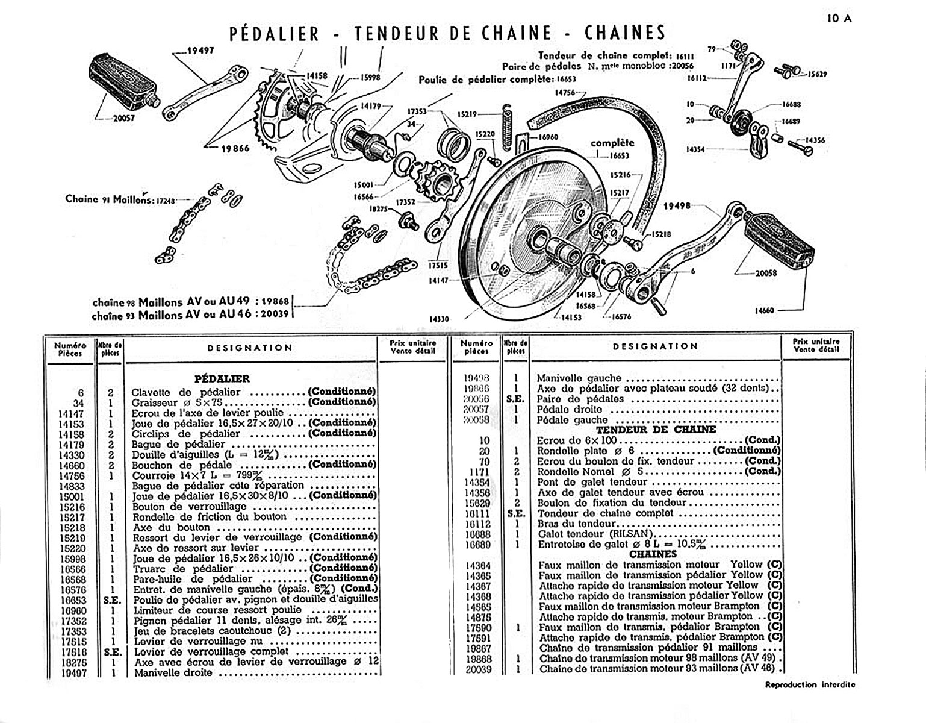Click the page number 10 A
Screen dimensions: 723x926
[839, 19]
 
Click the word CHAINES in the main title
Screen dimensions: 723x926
[625, 33]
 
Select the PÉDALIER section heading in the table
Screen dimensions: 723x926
[222, 379]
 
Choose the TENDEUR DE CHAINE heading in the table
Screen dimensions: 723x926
[656, 430]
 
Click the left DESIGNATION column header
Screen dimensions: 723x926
[250, 348]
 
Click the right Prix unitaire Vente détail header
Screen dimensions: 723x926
[816, 345]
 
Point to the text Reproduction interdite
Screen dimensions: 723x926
[810, 685]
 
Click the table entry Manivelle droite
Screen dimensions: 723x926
[173, 672]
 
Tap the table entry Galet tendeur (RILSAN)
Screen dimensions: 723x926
[596, 534]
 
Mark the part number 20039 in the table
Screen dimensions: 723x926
[479, 669]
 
